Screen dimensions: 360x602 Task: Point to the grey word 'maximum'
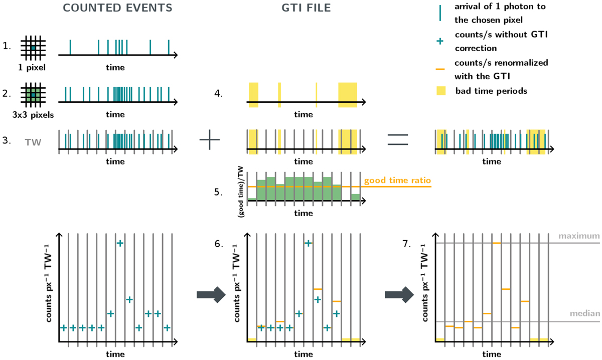[x=584, y=236]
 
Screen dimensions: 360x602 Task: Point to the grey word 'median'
[x=585, y=314]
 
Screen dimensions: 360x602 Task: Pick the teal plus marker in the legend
[x=441, y=42]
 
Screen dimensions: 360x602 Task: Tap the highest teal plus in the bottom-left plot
[x=119, y=243]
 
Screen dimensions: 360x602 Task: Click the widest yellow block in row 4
[x=347, y=94]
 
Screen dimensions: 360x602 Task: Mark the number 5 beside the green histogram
[x=218, y=191]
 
